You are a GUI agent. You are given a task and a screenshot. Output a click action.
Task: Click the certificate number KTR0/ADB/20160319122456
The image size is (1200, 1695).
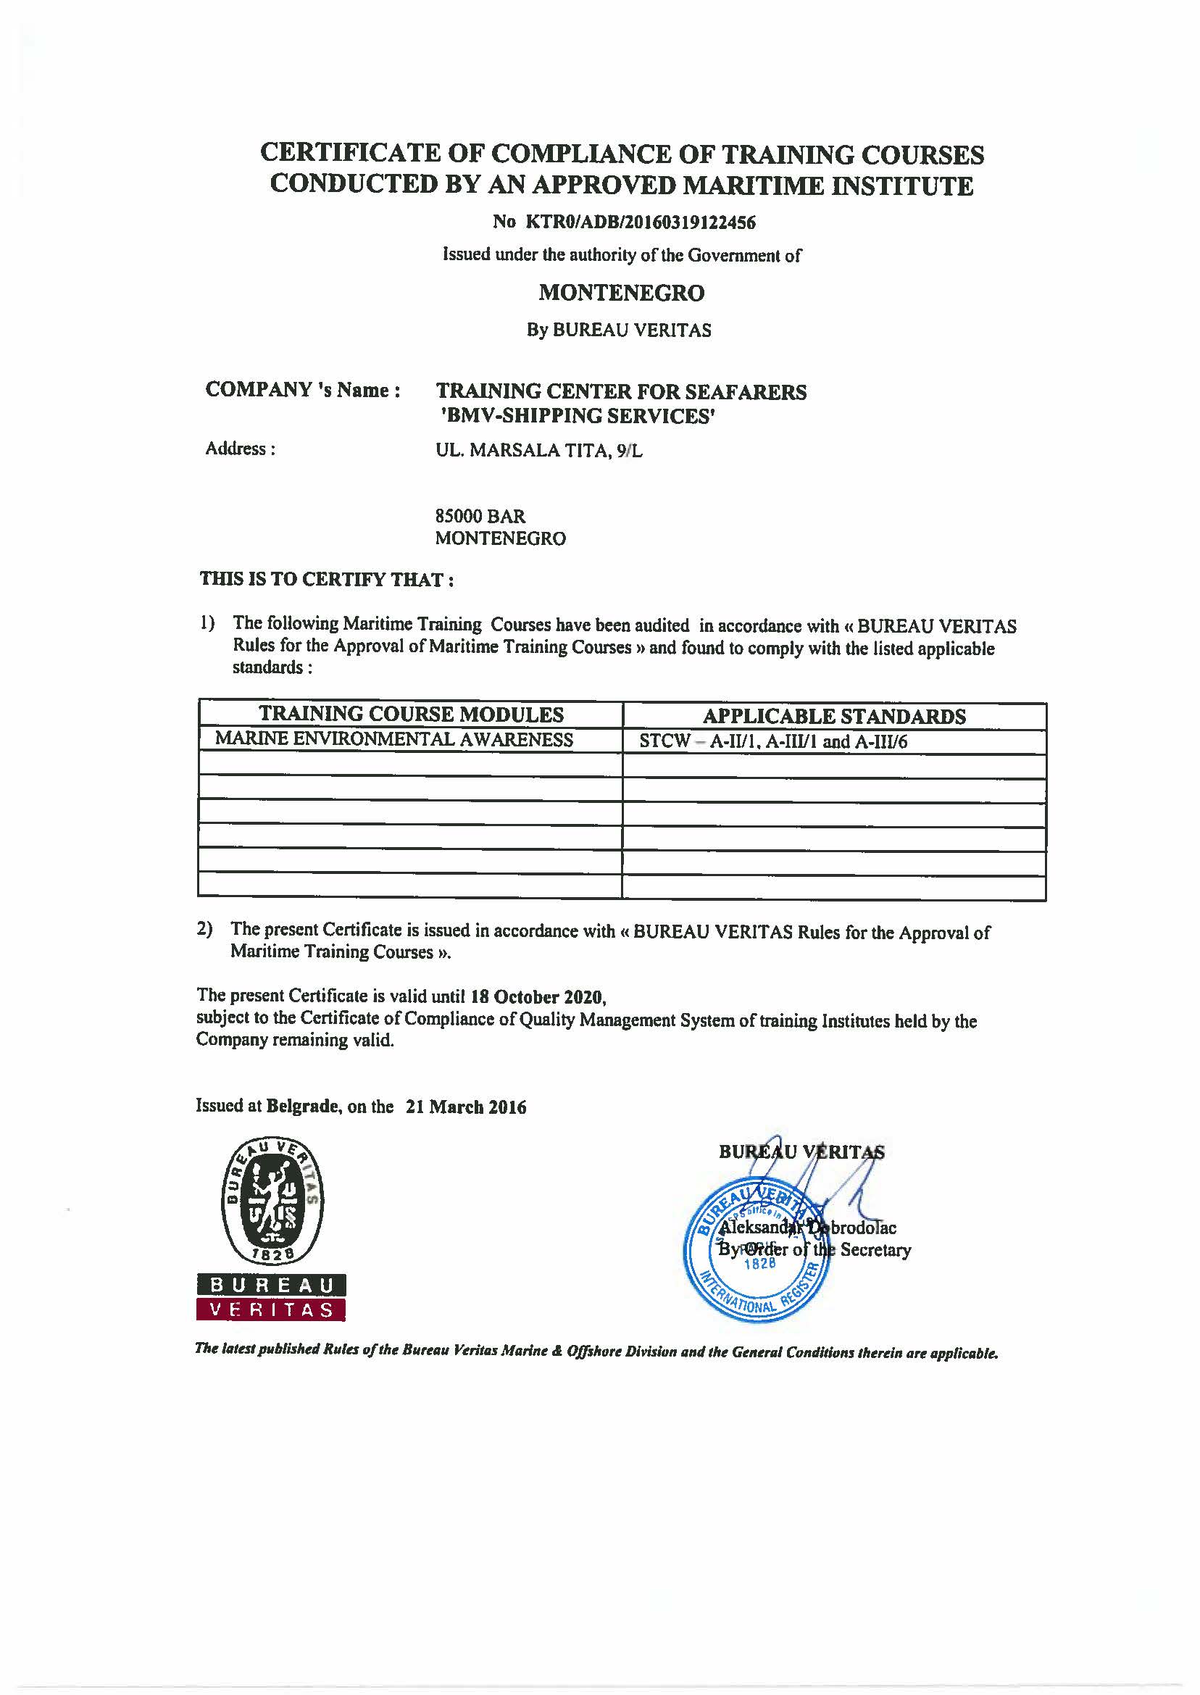(x=641, y=222)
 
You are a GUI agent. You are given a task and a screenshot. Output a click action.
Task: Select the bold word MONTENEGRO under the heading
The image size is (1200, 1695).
(x=622, y=293)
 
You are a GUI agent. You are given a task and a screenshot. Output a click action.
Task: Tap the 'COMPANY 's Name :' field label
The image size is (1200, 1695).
(x=303, y=390)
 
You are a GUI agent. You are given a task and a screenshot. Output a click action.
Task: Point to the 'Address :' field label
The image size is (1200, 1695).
(x=241, y=449)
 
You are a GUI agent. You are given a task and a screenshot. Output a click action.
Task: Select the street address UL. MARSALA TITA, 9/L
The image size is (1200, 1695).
(x=538, y=451)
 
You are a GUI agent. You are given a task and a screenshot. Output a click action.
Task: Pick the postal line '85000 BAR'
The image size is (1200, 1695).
(x=480, y=516)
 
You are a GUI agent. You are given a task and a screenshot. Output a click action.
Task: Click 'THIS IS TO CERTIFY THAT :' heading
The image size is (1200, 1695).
(x=327, y=579)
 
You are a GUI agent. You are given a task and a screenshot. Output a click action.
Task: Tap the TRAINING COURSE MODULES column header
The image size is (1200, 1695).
(x=411, y=715)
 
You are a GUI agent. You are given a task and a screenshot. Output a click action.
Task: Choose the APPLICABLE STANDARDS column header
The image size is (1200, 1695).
(x=833, y=716)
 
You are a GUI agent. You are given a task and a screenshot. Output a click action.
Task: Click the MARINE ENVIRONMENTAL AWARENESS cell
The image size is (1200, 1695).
(x=394, y=740)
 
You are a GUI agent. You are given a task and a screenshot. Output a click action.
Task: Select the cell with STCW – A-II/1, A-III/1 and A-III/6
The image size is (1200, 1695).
(x=773, y=741)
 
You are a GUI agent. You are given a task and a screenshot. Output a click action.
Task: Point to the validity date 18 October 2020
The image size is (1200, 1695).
(x=537, y=996)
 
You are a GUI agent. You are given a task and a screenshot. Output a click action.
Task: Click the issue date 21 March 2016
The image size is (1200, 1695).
(x=465, y=1106)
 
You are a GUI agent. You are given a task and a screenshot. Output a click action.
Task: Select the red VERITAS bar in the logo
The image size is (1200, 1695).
(x=271, y=1310)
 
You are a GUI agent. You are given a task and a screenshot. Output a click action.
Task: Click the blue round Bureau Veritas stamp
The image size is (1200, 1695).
(x=757, y=1254)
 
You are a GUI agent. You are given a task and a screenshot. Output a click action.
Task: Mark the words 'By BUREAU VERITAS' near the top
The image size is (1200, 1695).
(x=618, y=330)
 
